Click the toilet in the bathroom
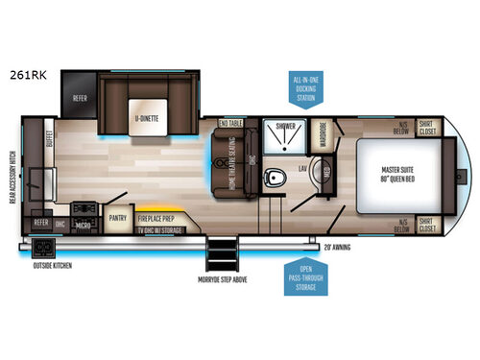click(276, 179)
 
